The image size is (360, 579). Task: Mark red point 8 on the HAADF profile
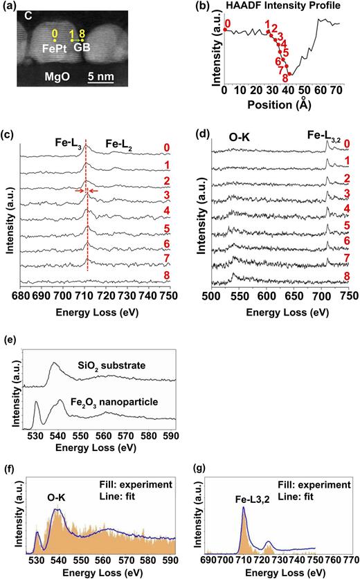(289, 74)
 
